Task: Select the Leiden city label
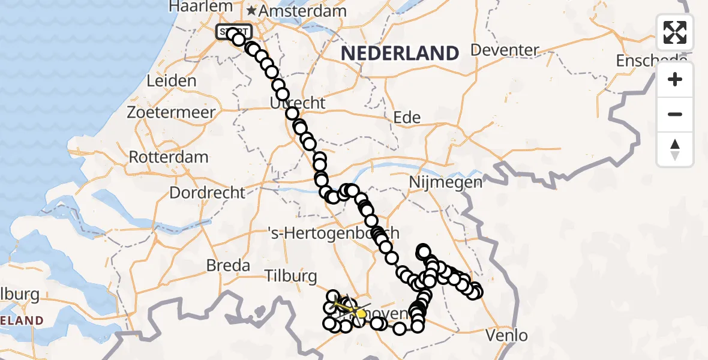171,81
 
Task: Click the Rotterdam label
169,157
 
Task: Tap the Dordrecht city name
207,193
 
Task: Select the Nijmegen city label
445,182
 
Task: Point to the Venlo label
508,335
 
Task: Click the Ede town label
407,118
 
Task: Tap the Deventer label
506,50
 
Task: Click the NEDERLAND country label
400,53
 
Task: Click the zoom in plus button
675,79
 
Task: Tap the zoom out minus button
675,114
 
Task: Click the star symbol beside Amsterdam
251,11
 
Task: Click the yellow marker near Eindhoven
361,313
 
